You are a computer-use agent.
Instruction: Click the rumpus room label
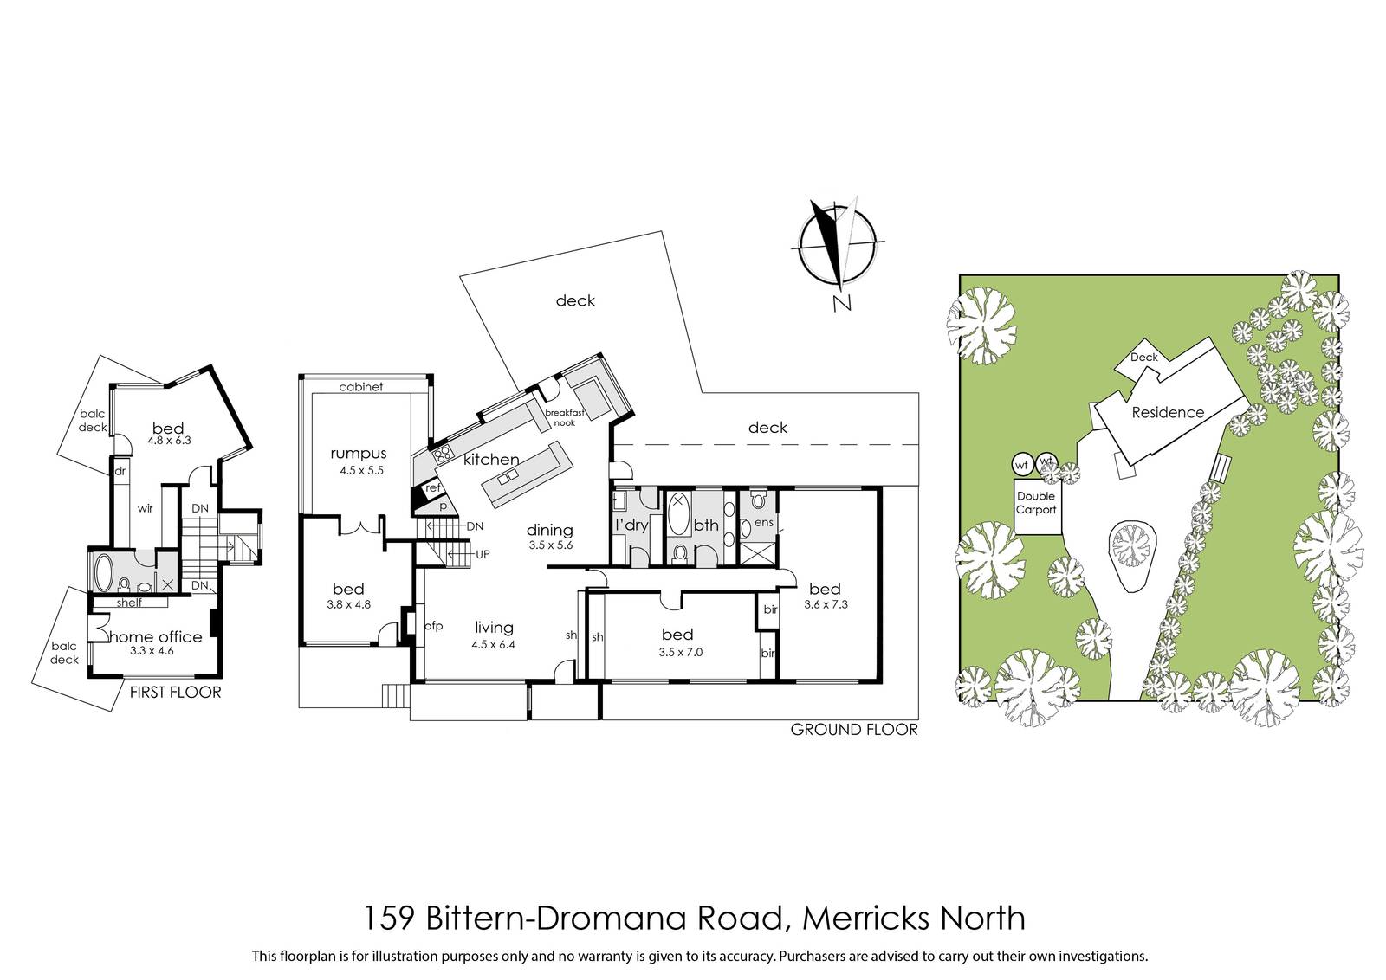359,454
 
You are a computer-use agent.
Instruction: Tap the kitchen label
491,460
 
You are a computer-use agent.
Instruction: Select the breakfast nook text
564,417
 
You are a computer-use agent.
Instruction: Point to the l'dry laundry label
631,525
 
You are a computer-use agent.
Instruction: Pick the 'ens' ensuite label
763,522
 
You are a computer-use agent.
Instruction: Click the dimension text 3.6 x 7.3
826,604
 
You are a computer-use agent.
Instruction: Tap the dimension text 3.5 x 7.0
681,652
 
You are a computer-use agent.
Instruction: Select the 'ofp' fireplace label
433,626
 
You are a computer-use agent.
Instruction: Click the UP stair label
483,554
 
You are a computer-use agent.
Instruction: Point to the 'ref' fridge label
433,488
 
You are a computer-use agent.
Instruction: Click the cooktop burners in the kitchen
443,457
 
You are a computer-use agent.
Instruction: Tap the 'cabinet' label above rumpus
360,386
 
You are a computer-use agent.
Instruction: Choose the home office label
157,637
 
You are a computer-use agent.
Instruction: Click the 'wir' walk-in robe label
145,508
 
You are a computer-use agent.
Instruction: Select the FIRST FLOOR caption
175,692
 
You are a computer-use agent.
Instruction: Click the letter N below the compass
842,304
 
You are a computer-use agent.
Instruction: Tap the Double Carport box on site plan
1038,506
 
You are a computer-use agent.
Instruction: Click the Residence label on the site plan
1168,412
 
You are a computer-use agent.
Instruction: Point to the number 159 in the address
387,918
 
